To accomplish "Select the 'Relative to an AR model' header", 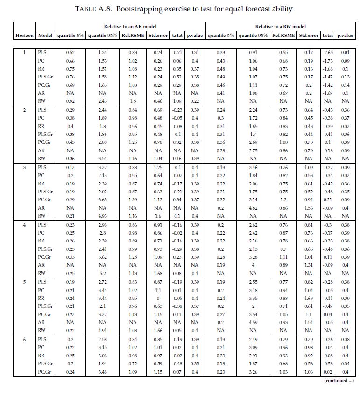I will [x=129, y=27].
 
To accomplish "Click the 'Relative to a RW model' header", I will [x=281, y=27].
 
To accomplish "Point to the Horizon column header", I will [x=24, y=36].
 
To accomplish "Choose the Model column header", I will [x=45, y=36].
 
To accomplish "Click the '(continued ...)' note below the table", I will [x=339, y=381].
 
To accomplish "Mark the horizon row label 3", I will [x=24, y=167].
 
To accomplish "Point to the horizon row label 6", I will [x=24, y=339].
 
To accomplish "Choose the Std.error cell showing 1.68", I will [x=158, y=273].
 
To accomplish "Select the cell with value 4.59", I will [x=254, y=322].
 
